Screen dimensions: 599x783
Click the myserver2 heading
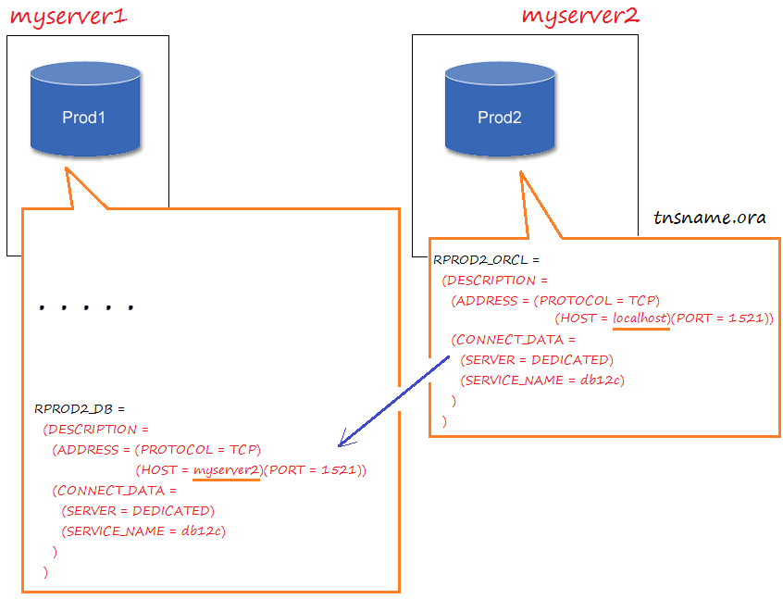point(580,16)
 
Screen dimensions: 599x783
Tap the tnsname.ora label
point(710,218)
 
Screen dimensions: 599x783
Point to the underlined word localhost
point(640,318)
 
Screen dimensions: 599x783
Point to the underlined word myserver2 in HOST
point(227,470)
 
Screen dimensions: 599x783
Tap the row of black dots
point(86,306)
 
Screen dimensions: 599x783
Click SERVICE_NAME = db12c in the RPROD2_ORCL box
point(541,380)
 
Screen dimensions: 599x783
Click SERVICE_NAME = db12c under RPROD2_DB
point(143,530)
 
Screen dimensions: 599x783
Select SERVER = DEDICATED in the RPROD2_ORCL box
point(536,359)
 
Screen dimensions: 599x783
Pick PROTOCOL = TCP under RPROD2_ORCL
point(597,300)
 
